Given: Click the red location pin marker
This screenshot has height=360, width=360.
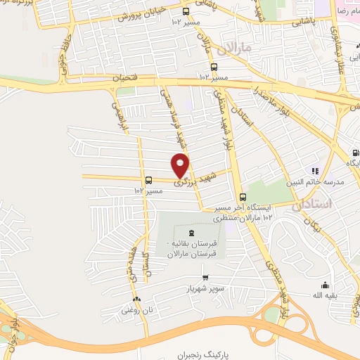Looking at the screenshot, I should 181,166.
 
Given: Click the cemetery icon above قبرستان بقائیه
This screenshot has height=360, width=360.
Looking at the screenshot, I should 189,232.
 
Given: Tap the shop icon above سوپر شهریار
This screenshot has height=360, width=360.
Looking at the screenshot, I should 205,277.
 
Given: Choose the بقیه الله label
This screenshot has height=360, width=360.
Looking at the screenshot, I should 325,296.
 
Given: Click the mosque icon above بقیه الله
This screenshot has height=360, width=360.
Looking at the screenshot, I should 325,285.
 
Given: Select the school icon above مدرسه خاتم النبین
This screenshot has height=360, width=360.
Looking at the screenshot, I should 315,170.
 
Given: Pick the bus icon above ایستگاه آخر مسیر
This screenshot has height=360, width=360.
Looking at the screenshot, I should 243,196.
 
